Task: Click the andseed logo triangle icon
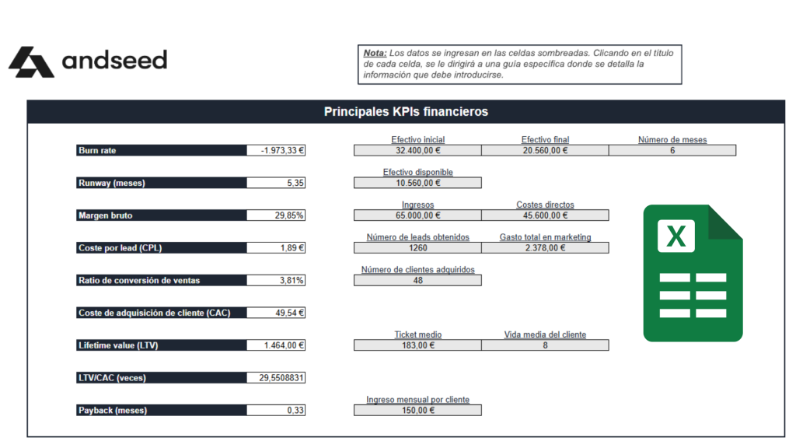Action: (x=31, y=61)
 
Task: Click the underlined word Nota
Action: (x=374, y=53)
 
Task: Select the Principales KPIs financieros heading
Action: (x=406, y=112)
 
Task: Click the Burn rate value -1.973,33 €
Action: (x=276, y=151)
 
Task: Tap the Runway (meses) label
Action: (x=111, y=184)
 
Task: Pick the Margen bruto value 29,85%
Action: (x=276, y=216)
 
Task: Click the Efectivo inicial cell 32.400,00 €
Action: (x=417, y=151)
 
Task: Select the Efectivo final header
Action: (x=545, y=140)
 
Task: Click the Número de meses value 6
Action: (x=672, y=151)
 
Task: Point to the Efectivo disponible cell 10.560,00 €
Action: (x=417, y=184)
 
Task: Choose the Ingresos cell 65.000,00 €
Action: (x=417, y=215)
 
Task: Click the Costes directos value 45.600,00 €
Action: (x=545, y=215)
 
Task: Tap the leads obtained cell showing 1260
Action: (x=417, y=248)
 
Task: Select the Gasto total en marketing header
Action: (x=545, y=237)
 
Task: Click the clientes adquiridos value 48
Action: (x=417, y=281)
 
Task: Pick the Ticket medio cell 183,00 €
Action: (x=417, y=345)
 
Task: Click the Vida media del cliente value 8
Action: (x=545, y=345)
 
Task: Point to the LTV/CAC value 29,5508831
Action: (x=276, y=378)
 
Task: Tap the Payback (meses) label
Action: (x=112, y=410)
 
